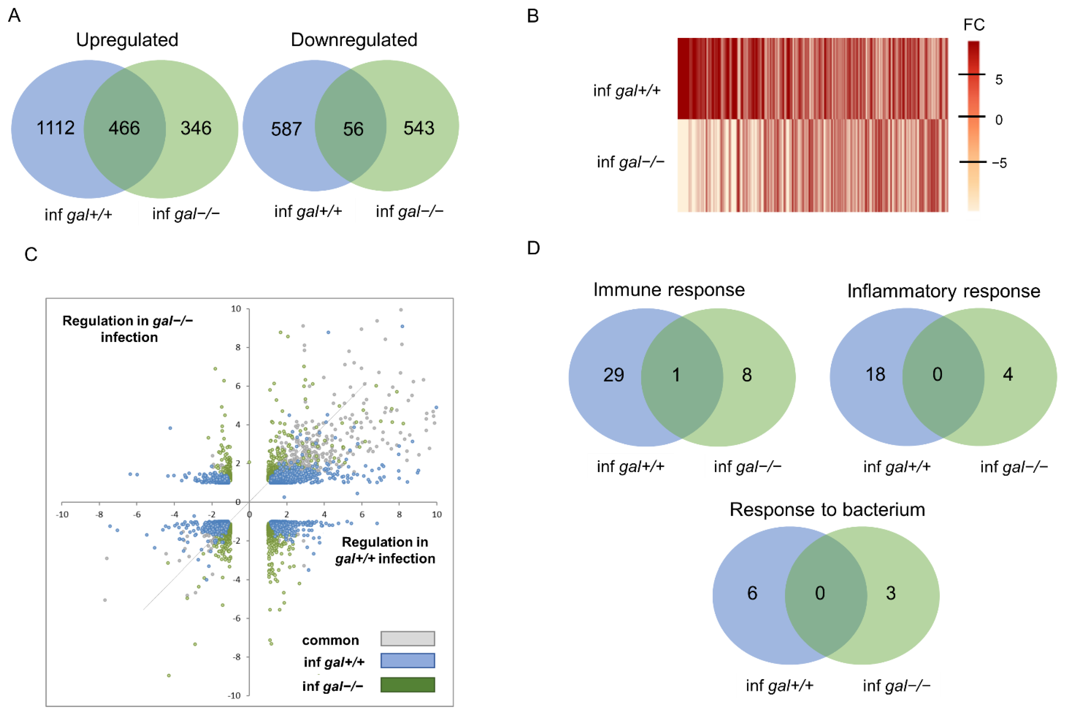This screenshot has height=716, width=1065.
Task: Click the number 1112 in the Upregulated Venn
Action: [55, 128]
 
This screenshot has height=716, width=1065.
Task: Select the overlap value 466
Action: [124, 128]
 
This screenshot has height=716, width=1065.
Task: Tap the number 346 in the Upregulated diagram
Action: [196, 128]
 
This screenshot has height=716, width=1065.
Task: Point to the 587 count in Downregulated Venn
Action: [286, 129]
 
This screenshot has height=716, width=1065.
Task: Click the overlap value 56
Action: [353, 129]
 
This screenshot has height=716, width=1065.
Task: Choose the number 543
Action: [418, 128]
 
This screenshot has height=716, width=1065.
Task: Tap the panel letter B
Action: [533, 16]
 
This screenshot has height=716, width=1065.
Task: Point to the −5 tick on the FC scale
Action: [999, 163]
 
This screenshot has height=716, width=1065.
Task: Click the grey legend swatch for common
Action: [407, 638]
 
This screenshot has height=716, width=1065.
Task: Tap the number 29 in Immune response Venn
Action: [613, 375]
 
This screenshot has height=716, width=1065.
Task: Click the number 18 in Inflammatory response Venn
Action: [875, 375]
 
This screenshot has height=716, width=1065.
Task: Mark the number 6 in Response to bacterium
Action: [752, 593]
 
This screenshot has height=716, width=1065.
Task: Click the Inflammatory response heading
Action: [943, 291]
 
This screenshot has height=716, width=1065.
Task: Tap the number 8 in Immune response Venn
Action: [747, 375]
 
